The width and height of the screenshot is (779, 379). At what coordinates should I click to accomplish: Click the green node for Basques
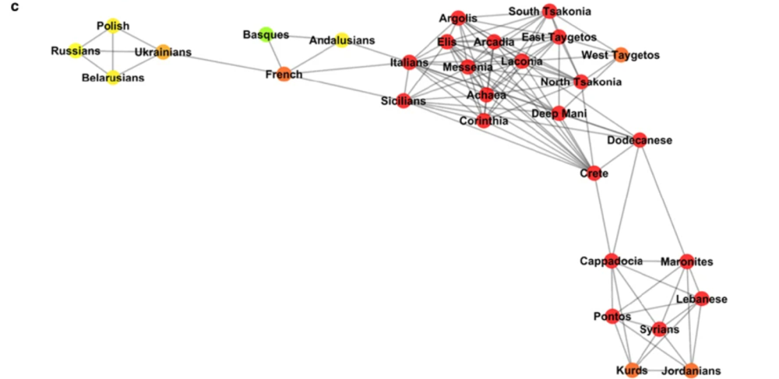point(266,34)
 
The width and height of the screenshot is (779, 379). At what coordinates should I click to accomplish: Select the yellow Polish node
point(113,26)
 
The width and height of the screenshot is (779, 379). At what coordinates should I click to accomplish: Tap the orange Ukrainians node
point(163,53)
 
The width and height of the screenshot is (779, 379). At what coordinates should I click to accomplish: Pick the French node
point(284,75)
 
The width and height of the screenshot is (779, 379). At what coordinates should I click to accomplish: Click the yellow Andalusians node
point(341,40)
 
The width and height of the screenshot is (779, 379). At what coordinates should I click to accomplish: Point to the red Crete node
point(590,173)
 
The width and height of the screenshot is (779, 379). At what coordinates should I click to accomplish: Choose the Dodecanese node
point(640,140)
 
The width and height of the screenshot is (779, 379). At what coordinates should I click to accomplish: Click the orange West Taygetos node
point(621,55)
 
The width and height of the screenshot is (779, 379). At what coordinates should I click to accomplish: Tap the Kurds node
point(630,370)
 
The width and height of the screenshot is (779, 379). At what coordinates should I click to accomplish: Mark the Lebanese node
point(702,299)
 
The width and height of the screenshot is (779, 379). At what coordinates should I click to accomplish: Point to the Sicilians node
point(403,101)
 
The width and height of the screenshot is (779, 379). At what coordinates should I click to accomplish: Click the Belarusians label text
point(113,78)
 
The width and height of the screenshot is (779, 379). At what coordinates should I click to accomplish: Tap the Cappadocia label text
point(611,261)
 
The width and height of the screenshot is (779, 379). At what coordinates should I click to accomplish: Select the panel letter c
point(14,7)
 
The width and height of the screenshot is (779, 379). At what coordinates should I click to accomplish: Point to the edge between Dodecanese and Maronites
point(663,202)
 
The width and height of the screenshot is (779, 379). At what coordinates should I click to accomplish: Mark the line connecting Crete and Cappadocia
point(601,218)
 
